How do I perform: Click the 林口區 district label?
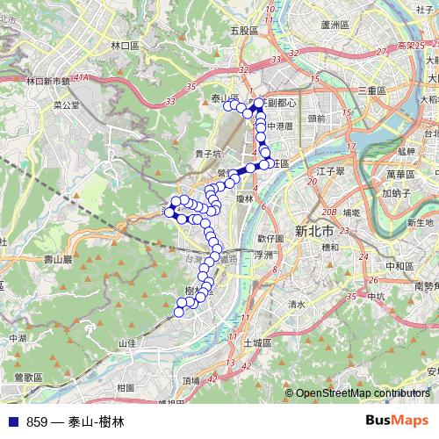pyautogui.click(x=126, y=44)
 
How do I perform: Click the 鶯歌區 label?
pyautogui.click(x=28, y=377)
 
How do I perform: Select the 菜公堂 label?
pyautogui.click(x=90, y=104)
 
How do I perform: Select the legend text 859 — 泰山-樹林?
pyautogui.click(x=76, y=422)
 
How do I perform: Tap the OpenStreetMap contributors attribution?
pyautogui.click(x=363, y=393)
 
